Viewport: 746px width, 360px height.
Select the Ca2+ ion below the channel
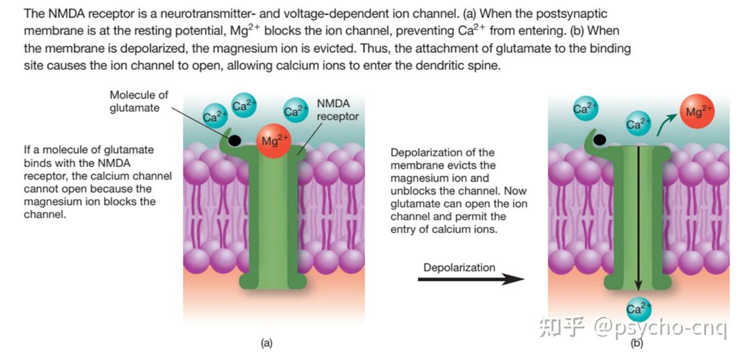638,309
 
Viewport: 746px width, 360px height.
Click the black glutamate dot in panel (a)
234,140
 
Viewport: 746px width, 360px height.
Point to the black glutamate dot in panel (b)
599,139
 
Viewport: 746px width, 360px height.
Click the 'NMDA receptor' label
338,110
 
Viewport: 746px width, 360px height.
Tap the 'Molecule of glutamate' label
139,101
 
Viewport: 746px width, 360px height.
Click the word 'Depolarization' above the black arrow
459,267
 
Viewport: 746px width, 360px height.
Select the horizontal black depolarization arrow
471,279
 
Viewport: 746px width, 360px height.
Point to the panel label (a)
267,343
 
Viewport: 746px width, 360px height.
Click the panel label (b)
636,343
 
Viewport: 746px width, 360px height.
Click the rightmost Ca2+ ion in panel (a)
296,110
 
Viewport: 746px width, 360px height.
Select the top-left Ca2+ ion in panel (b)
586,109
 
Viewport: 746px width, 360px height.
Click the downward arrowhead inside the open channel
638,285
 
